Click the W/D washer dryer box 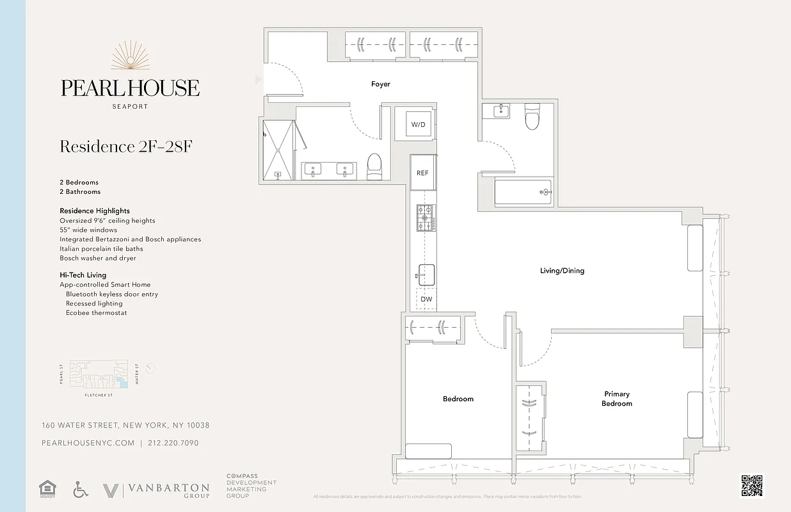point(418,124)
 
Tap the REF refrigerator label point(422,173)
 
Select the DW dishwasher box point(426,299)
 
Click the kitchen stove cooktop point(426,218)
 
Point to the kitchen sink point(426,275)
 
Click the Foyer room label point(381,84)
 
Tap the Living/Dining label point(562,271)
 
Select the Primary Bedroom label point(617,399)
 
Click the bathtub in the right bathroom point(523,192)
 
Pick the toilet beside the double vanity point(374,167)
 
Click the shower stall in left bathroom point(278,148)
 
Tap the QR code point(752,486)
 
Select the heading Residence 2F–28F point(126,147)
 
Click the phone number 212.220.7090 point(173,443)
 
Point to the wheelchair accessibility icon point(80,490)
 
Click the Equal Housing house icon point(47,490)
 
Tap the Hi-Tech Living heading point(83,275)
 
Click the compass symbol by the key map point(150,369)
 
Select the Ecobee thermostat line point(96,313)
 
